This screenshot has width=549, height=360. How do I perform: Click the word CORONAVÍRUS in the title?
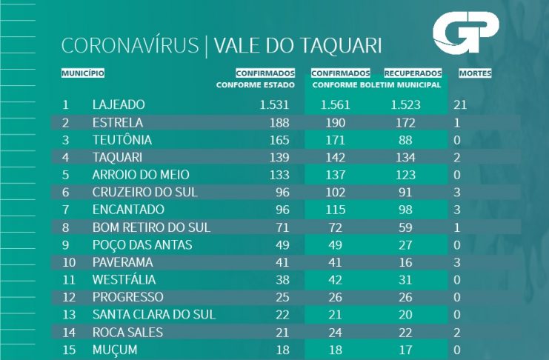pos(130,45)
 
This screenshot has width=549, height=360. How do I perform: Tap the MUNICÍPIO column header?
pos(82,73)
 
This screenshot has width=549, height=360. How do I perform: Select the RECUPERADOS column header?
pos(413,73)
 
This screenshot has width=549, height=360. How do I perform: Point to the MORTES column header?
pos(475,73)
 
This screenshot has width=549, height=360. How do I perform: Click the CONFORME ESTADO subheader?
pos(256,84)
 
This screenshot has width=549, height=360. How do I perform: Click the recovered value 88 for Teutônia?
pos(405,139)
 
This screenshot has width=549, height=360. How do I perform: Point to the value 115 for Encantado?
pos(336,210)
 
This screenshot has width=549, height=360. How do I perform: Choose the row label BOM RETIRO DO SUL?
pos(152,227)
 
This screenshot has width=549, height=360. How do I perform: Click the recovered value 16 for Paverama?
pos(405,261)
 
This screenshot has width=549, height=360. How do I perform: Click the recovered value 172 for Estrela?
pos(405,122)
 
